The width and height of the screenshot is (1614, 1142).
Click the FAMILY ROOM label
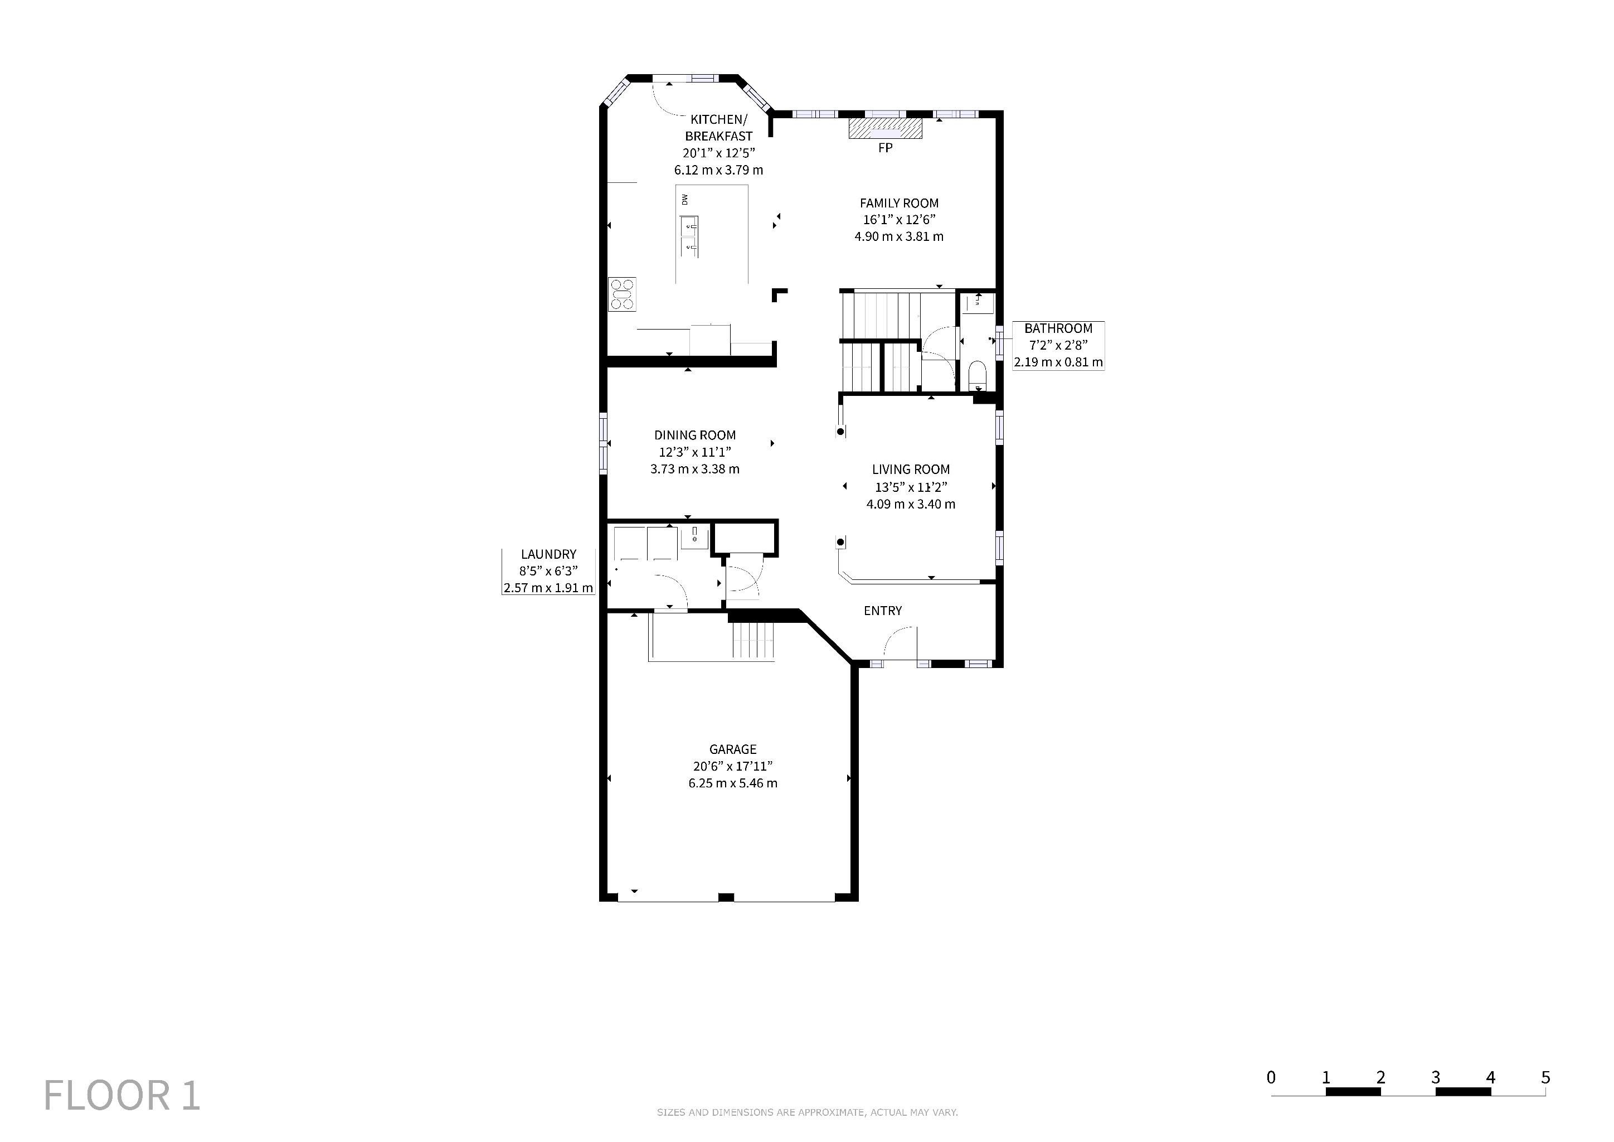click(899, 203)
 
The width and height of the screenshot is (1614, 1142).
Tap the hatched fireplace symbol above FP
click(885, 129)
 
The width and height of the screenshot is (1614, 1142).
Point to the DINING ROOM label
click(694, 435)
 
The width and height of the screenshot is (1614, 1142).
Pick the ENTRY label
click(882, 611)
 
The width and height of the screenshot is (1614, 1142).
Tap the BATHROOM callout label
click(1058, 328)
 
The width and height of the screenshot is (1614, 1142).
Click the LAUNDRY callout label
click(548, 554)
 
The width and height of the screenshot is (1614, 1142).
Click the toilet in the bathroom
click(977, 375)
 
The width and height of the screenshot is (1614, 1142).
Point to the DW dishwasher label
click(685, 200)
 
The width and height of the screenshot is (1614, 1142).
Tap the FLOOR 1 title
click(122, 1095)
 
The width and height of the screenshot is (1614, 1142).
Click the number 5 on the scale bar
click(1545, 1077)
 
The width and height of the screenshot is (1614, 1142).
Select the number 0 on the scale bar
click(1271, 1077)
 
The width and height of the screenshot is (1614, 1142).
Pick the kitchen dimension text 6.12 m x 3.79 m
click(718, 170)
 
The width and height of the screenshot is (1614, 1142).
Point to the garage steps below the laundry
click(753, 640)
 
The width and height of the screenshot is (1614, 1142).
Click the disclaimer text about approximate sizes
click(807, 1112)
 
